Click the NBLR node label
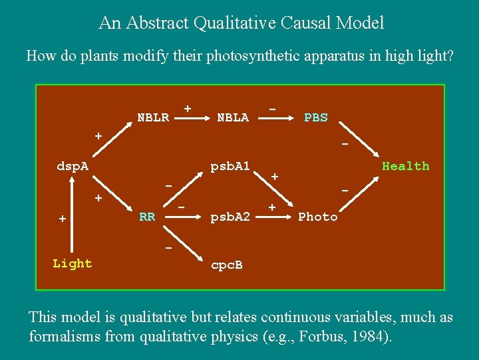point(153,118)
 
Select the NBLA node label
point(233,118)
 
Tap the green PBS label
point(315,118)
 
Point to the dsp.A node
point(73,166)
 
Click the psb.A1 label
point(230,166)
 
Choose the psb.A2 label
point(230,217)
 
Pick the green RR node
point(147,217)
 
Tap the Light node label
point(73,263)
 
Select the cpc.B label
point(226,265)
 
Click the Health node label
point(405,166)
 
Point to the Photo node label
point(318,217)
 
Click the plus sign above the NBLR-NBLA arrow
point(188,108)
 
